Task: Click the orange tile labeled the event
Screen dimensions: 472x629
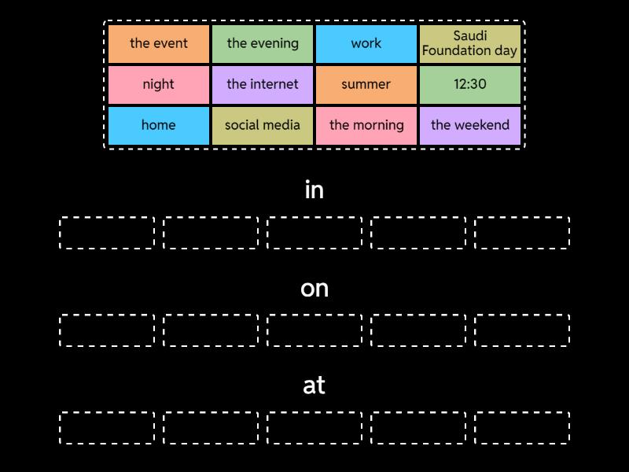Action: coord(159,43)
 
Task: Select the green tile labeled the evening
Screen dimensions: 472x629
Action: coord(263,43)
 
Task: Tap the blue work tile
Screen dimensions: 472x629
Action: coord(366,43)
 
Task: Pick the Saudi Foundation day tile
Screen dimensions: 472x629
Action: coord(470,43)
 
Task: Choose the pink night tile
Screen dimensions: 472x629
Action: coord(159,84)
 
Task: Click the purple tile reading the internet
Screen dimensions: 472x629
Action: coord(263,84)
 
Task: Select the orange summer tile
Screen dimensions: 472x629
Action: coord(366,84)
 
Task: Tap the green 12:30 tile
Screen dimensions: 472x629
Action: coord(470,84)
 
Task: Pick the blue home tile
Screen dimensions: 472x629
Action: coord(159,125)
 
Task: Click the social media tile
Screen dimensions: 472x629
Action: coord(263,125)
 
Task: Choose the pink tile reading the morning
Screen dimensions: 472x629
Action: coord(366,125)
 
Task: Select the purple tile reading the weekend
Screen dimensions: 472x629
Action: coord(470,125)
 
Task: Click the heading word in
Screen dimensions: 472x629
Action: coord(314,190)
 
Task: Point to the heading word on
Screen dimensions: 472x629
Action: coord(314,289)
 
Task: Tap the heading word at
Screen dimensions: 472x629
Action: coord(314,385)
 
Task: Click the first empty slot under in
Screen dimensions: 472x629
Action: coord(107,233)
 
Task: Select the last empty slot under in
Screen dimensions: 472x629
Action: coord(522,233)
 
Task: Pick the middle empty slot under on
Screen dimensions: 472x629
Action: coord(314,330)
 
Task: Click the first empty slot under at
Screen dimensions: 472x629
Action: coord(107,428)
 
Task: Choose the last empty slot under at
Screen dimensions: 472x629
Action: coord(522,428)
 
